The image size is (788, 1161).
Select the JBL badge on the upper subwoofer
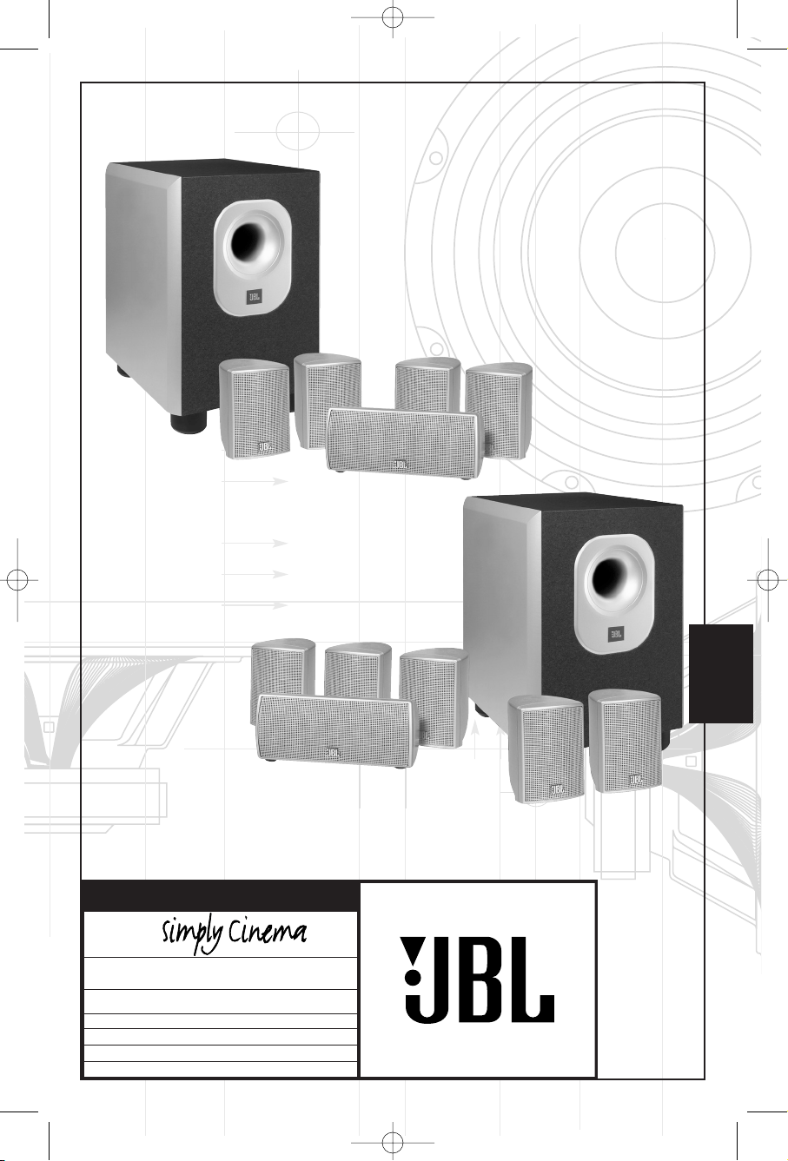tap(254, 297)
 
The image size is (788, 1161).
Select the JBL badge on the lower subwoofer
tap(615, 633)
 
